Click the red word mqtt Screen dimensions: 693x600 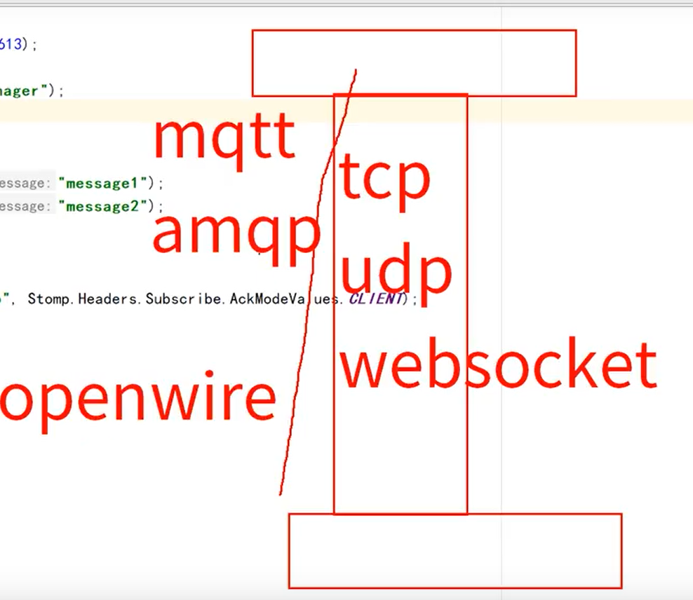point(224,139)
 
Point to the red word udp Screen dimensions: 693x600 point(396,272)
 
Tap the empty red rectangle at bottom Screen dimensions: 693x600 point(455,551)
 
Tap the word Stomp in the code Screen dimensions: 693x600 point(48,299)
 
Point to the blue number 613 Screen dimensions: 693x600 point(10,45)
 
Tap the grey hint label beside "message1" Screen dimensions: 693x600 point(25,184)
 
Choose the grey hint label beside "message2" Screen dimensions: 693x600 point(25,207)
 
